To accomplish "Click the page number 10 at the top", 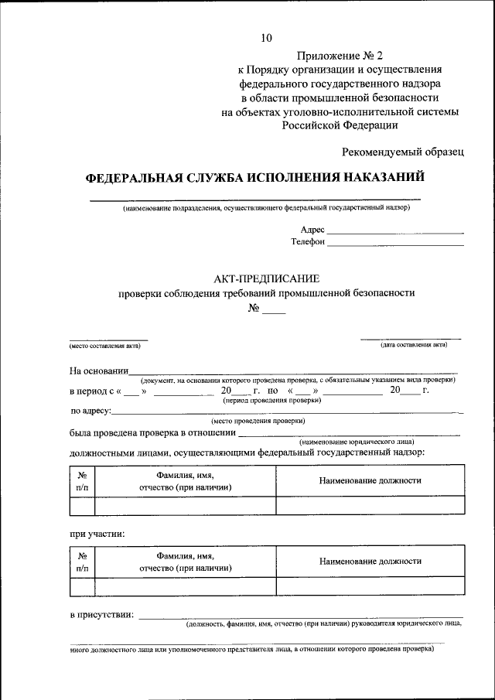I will click(x=268, y=37).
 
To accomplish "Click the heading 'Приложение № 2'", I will click(x=340, y=56).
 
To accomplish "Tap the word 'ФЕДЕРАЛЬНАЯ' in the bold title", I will click(x=134, y=177).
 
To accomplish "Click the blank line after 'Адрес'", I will click(x=395, y=230).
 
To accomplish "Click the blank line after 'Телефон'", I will click(x=395, y=243).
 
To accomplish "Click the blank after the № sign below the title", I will click(x=274, y=311).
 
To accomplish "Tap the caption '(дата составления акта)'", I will click(x=413, y=344).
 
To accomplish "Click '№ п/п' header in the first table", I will click(x=82, y=481).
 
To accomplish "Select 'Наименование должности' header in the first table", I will click(x=370, y=480).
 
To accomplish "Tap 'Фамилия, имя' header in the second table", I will click(x=185, y=555).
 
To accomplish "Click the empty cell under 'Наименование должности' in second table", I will click(x=370, y=586).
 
